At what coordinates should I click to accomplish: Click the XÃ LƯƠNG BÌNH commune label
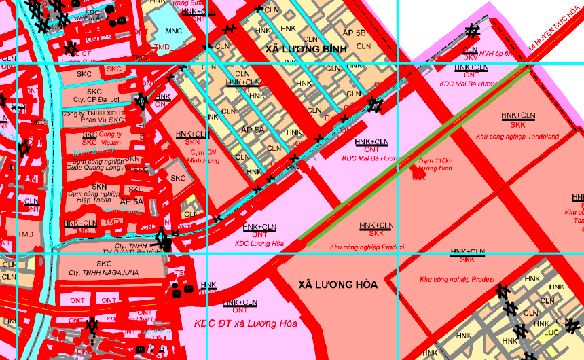click(x=306, y=49)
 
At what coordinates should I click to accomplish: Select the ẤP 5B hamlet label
click(x=354, y=32)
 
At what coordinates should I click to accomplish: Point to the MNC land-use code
click(x=173, y=31)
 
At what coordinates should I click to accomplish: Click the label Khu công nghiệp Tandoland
click(x=517, y=136)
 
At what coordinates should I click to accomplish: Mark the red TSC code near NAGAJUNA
click(x=180, y=274)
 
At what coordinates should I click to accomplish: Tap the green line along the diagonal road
click(x=414, y=156)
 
